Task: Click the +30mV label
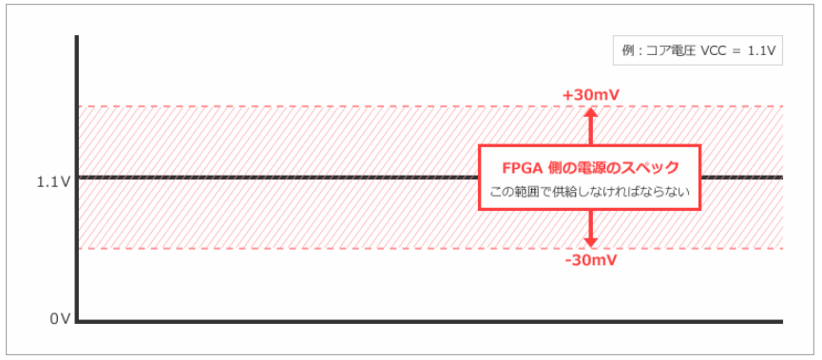(x=589, y=96)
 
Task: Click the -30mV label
(x=589, y=259)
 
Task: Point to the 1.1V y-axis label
(x=53, y=180)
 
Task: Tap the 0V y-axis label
(x=60, y=319)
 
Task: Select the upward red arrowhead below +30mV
(x=590, y=112)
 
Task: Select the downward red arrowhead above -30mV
(x=590, y=243)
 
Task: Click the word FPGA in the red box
(x=523, y=168)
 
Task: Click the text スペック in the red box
(x=656, y=168)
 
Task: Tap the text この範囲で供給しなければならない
(x=589, y=192)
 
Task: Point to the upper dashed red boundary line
(x=285, y=106)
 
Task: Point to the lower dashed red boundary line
(x=285, y=249)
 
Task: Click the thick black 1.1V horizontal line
(x=285, y=178)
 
